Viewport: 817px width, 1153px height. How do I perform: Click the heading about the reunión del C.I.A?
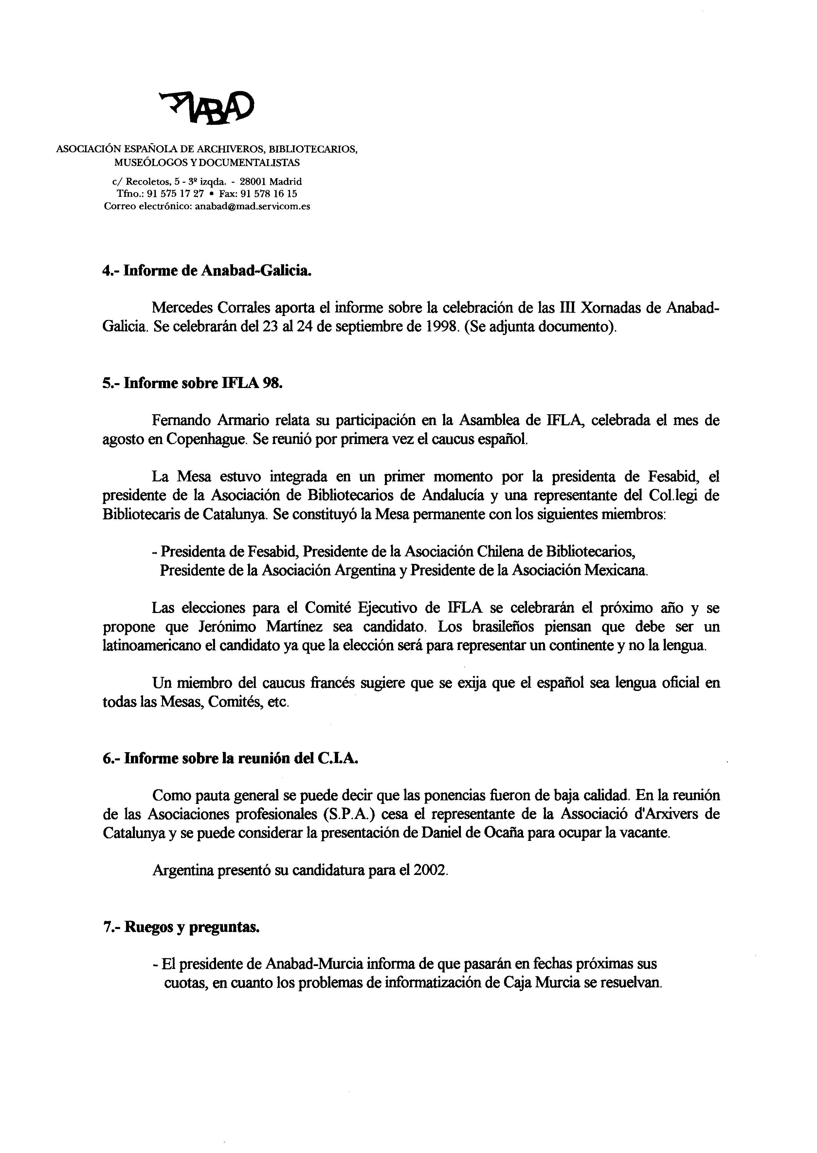(x=231, y=759)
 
